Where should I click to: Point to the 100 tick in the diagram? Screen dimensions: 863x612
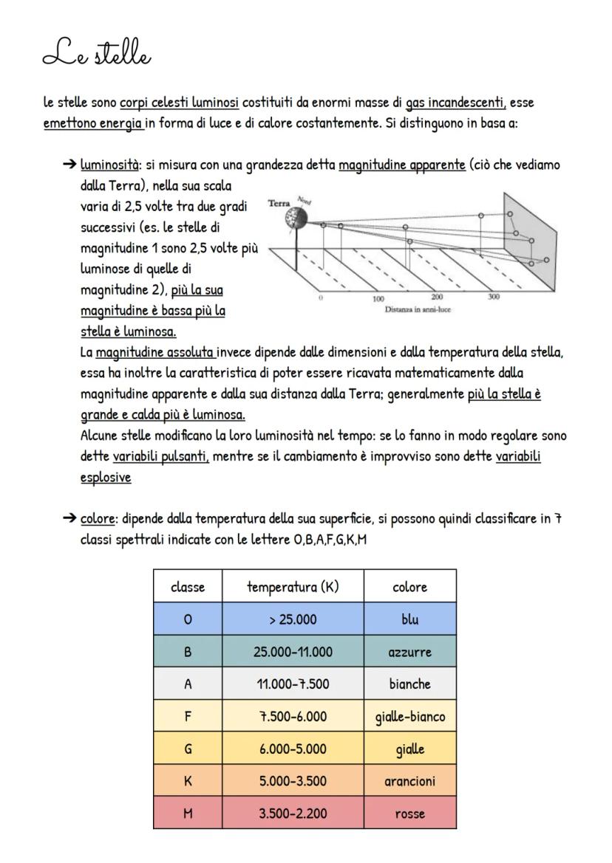pyautogui.click(x=378, y=300)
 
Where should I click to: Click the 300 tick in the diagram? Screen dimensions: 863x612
pyautogui.click(x=493, y=297)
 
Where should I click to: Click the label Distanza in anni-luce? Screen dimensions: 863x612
pyautogui.click(x=417, y=309)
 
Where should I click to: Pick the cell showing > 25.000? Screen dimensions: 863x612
pyautogui.click(x=293, y=619)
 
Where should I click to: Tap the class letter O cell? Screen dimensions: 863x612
pyautogui.click(x=188, y=619)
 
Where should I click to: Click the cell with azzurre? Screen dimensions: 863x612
pyautogui.click(x=409, y=652)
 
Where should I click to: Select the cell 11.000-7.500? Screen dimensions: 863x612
pyautogui.click(x=293, y=684)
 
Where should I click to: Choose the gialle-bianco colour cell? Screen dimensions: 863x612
pyautogui.click(x=409, y=717)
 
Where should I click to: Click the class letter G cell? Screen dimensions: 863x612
pyautogui.click(x=188, y=749)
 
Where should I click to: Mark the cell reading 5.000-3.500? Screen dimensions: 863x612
pyautogui.click(x=293, y=781)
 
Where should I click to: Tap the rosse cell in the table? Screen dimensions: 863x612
pyautogui.click(x=409, y=814)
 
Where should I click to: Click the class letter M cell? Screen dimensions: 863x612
pyautogui.click(x=188, y=814)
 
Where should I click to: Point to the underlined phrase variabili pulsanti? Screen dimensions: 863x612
pyautogui.click(x=160, y=457)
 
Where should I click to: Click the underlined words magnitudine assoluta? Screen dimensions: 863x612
pyautogui.click(x=155, y=352)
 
